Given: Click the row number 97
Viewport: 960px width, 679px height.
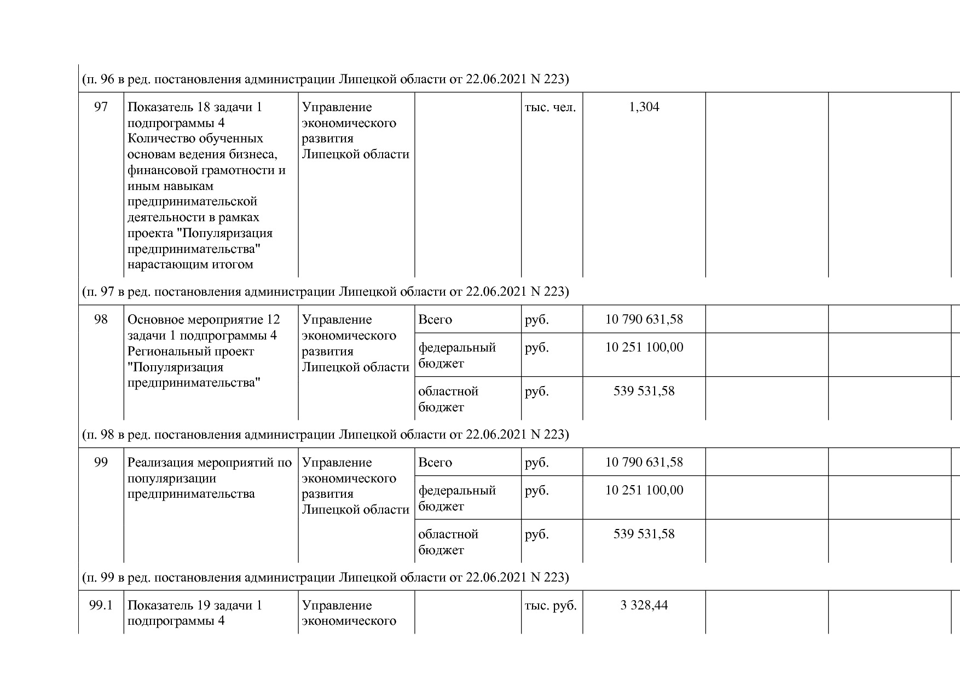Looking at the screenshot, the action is [x=101, y=107].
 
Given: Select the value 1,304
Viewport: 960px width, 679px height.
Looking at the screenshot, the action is [x=644, y=107].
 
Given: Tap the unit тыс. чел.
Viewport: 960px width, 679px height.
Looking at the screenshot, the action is [x=550, y=107].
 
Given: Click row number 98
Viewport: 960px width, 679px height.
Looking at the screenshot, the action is [x=101, y=319].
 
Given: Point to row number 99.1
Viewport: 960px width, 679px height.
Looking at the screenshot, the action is [x=101, y=605].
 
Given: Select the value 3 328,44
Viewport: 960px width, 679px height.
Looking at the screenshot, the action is [x=644, y=605].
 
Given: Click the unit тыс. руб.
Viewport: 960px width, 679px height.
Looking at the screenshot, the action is [x=551, y=606].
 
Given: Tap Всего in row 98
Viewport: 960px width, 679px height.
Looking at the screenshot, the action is [x=435, y=319].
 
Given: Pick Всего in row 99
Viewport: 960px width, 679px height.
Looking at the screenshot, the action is [x=435, y=462].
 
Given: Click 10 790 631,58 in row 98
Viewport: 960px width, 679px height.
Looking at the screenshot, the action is [x=644, y=319].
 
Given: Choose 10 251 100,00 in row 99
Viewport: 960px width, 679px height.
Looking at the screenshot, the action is [x=644, y=490].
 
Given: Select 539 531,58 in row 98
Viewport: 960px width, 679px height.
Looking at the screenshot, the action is [x=644, y=391].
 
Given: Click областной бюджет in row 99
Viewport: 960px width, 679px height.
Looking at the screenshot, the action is [x=448, y=542].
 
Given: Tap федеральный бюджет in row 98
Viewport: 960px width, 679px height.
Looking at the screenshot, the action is [x=456, y=355].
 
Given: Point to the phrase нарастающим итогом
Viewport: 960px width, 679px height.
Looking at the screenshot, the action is [x=190, y=264].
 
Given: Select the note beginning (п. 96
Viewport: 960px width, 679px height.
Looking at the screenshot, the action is [x=325, y=79].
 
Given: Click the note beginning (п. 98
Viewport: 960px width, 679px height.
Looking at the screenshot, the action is [x=325, y=434].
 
